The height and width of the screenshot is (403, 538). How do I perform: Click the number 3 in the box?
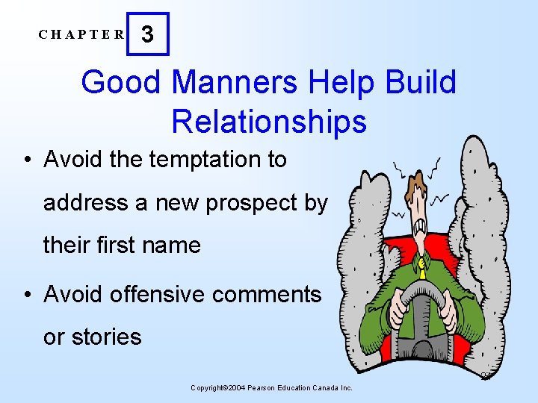[x=148, y=34]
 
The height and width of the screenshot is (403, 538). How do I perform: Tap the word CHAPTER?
[x=82, y=34]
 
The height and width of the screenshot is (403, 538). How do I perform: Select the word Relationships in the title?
[x=269, y=121]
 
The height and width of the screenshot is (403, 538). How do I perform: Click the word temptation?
[x=205, y=160]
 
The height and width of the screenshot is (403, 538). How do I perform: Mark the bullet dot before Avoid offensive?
[x=27, y=295]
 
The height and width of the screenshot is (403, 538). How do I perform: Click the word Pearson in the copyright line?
[x=262, y=388]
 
